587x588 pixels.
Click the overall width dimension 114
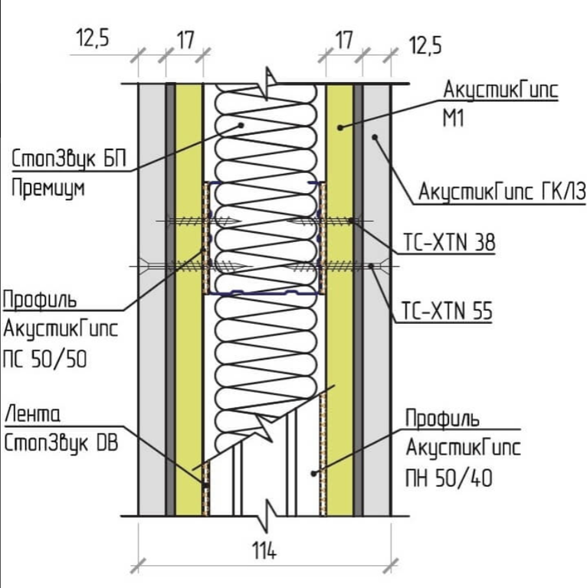(264, 551)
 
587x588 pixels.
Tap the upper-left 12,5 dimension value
(93, 38)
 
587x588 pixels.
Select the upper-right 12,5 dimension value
(425, 45)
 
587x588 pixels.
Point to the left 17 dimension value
(185, 40)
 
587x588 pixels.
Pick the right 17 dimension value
(345, 40)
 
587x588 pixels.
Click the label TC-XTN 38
(449, 242)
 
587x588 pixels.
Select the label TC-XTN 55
(447, 311)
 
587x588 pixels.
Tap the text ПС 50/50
(44, 359)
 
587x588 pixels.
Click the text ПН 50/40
(449, 478)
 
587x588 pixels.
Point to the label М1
(454, 118)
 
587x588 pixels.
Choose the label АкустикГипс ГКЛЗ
(502, 191)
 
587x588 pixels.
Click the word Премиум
(48, 188)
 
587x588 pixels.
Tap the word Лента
(33, 414)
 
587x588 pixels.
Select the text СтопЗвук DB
(61, 443)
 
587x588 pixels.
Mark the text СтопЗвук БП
(69, 159)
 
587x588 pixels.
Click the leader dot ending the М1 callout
(340, 128)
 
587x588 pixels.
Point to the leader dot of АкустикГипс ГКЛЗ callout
(374, 137)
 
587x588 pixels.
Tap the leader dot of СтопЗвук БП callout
(241, 125)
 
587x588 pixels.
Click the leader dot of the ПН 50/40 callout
(313, 474)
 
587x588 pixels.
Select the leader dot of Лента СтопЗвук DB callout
(205, 485)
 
